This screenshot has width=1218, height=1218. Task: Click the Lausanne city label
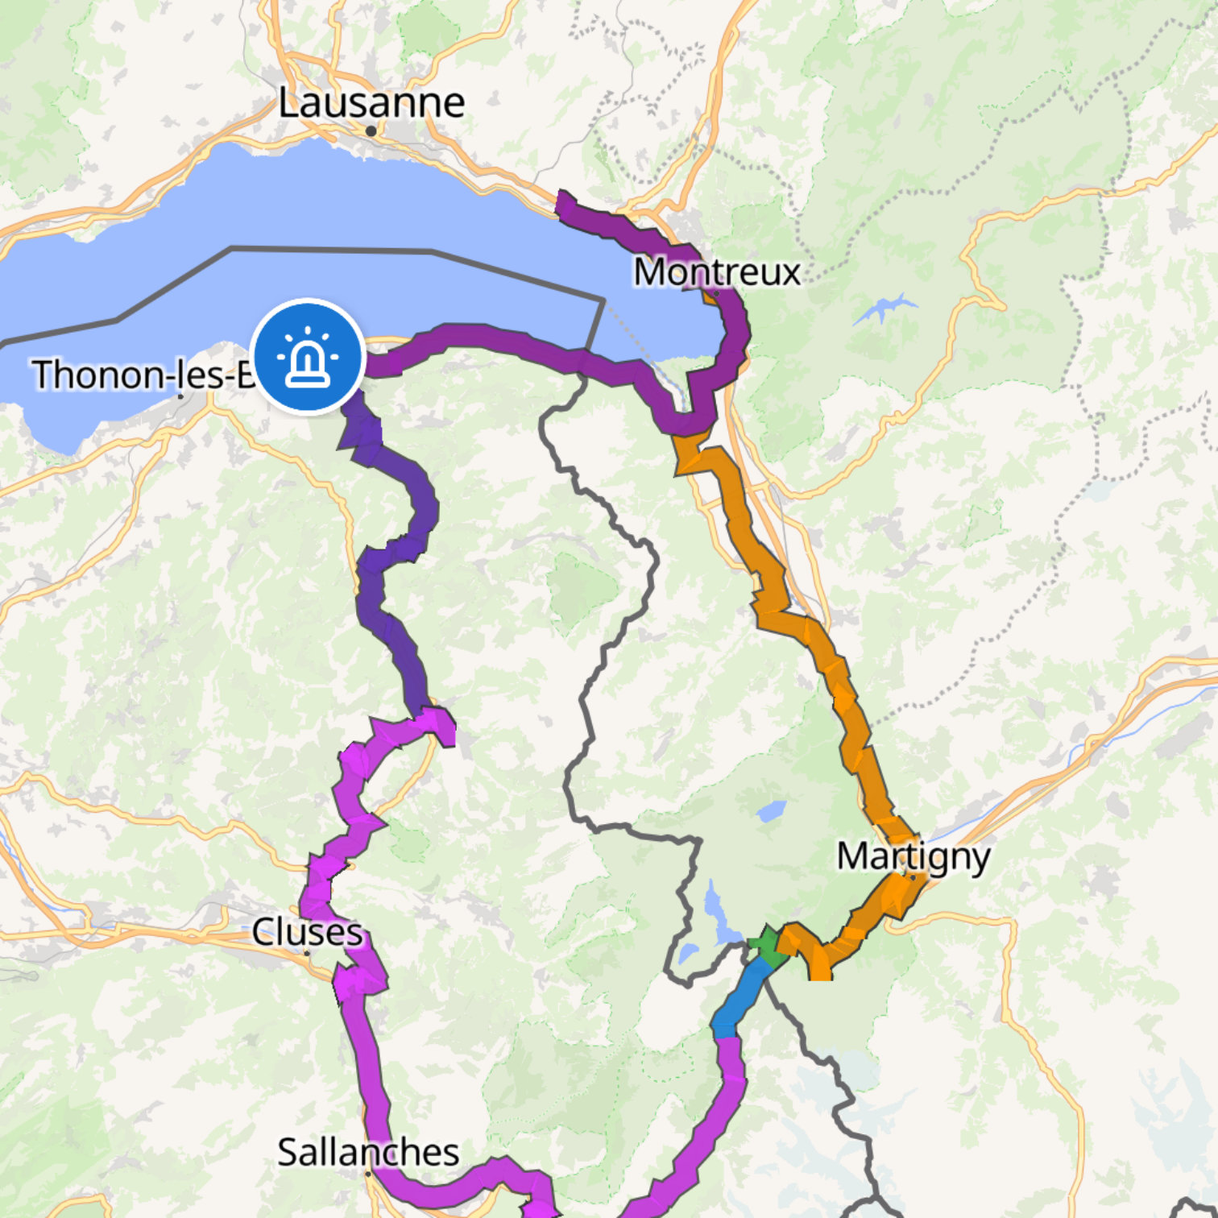pyautogui.click(x=371, y=102)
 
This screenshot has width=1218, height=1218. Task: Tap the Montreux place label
pyautogui.click(x=717, y=271)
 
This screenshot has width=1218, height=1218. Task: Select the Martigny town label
pyautogui.click(x=913, y=856)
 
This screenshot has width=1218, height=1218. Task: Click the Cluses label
pyautogui.click(x=307, y=932)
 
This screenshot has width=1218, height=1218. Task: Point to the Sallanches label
pyautogui.click(x=368, y=1152)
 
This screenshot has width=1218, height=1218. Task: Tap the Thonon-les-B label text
pyautogui.click(x=142, y=375)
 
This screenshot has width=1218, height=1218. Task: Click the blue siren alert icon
pyautogui.click(x=308, y=356)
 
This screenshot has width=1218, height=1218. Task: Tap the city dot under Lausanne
pyautogui.click(x=371, y=130)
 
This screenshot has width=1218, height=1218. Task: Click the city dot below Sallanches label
pyautogui.click(x=368, y=1174)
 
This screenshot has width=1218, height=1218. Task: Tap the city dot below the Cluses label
pyautogui.click(x=307, y=953)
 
